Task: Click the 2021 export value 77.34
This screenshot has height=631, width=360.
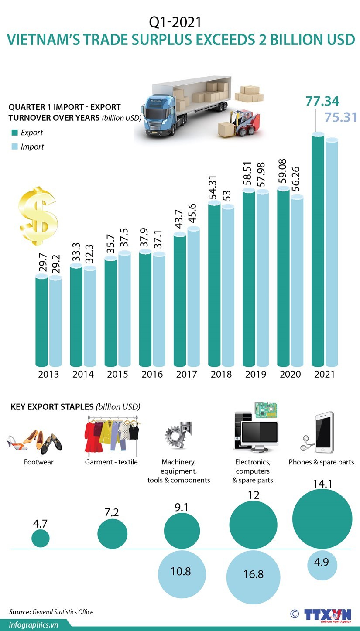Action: coord(322,101)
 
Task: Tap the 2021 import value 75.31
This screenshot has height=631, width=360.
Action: coord(340,117)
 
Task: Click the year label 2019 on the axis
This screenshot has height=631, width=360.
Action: coord(256,374)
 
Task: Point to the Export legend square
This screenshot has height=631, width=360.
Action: coord(14,133)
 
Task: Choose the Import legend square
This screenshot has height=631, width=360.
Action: coord(14,147)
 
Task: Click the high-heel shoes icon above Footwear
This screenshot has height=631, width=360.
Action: coord(34,440)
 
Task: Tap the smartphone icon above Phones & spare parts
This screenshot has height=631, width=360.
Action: coord(324,432)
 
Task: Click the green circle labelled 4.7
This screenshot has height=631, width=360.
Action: coord(41,538)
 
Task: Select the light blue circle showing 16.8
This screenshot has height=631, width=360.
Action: coord(253,574)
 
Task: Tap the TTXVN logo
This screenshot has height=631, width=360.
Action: coord(327,614)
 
